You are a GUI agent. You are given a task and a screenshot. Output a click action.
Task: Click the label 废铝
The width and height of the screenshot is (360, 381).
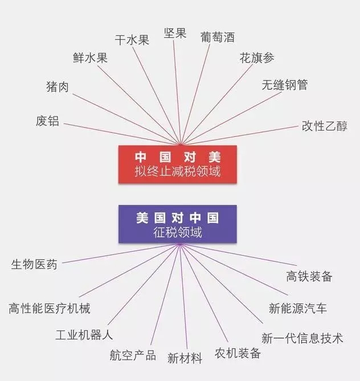point(47,121)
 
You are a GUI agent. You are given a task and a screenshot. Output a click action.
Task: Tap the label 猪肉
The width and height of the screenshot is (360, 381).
point(57,87)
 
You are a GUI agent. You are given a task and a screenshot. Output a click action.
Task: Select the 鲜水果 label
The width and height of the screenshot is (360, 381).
point(90,58)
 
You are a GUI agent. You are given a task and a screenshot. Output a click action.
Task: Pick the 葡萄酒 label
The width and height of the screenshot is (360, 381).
point(217,37)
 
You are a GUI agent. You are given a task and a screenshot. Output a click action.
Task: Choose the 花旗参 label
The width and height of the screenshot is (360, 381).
point(257,59)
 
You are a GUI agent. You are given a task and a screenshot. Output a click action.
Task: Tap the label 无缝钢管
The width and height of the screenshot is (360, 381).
point(285,85)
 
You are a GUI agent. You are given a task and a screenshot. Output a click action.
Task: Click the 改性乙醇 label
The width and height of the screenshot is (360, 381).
point(324,126)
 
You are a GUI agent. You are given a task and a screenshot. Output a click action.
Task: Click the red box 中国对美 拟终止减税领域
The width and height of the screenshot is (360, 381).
point(177,164)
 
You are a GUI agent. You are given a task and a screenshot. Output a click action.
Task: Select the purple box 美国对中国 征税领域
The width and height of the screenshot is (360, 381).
point(177,225)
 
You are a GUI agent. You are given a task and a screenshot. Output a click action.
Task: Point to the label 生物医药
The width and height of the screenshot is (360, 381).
point(34,265)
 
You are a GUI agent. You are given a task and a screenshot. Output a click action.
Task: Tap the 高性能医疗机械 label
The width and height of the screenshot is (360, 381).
point(50,309)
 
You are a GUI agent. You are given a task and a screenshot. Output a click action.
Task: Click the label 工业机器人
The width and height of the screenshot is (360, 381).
point(84,335)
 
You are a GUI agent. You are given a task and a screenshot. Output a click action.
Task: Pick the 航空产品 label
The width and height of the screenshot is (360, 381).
point(133,355)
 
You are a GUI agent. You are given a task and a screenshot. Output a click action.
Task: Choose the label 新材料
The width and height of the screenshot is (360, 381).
point(185,359)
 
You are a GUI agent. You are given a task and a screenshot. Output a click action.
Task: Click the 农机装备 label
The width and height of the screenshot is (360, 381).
point(238,353)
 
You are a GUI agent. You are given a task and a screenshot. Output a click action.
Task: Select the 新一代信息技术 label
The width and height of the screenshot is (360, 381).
point(302,338)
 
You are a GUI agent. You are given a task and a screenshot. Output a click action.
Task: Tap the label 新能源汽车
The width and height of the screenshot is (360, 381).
point(298,309)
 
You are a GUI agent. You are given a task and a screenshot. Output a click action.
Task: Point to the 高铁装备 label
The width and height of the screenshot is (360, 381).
point(309,277)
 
